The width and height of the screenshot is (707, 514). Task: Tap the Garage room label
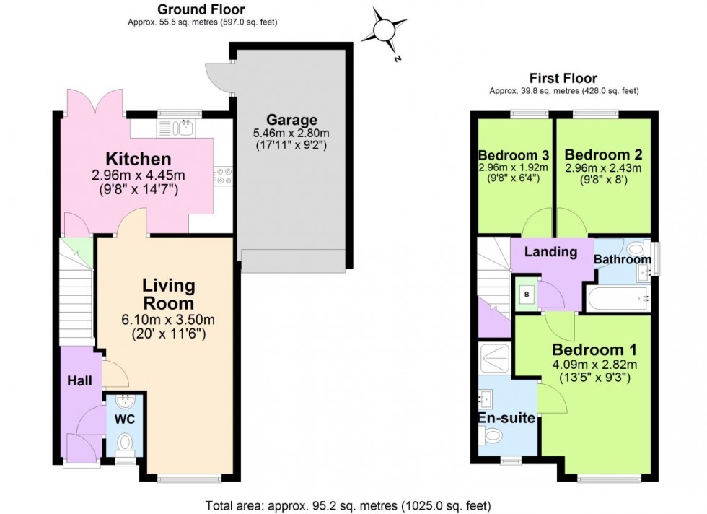click(x=291, y=120)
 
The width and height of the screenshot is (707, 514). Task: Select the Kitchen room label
click(x=139, y=159)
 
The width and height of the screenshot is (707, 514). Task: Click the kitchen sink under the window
click(x=179, y=128)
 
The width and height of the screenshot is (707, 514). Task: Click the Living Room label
click(x=168, y=293)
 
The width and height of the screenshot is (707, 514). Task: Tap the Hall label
click(x=79, y=380)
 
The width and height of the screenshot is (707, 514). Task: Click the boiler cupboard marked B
click(x=526, y=294)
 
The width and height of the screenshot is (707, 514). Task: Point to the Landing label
click(x=550, y=252)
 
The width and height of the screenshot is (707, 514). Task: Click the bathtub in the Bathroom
click(x=618, y=297)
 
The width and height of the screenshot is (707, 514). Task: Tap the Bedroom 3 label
click(x=514, y=155)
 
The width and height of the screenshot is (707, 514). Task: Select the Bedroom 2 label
click(x=603, y=155)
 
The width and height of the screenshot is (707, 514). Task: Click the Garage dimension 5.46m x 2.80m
click(x=291, y=134)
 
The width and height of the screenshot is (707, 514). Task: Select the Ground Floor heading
click(x=201, y=9)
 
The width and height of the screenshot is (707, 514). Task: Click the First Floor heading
click(x=563, y=78)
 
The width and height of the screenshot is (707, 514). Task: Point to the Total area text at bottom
click(x=348, y=505)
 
